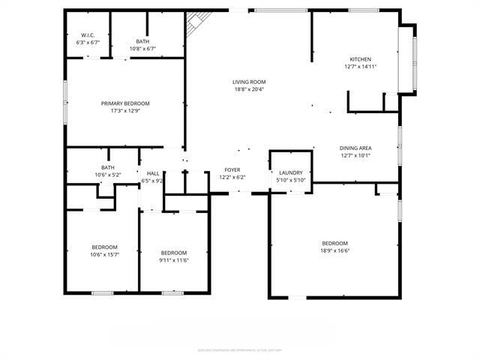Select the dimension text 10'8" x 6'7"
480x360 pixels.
(x=142, y=49)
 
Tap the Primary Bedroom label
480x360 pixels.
(x=125, y=103)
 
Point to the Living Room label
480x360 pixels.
(x=248, y=82)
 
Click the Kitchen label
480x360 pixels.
(x=360, y=59)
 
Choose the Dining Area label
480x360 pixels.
(x=355, y=148)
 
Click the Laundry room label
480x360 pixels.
(x=289, y=172)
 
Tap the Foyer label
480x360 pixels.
(x=232, y=171)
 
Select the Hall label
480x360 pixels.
(x=152, y=173)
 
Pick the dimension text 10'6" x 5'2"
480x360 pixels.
(x=108, y=175)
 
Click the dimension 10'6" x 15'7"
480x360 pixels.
(x=104, y=255)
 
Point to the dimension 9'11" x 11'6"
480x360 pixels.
(x=173, y=260)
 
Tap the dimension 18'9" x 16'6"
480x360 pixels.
(x=334, y=250)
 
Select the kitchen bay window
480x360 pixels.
(x=412, y=58)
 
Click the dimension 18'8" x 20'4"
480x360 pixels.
(x=248, y=90)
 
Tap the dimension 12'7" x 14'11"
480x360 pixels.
(x=360, y=67)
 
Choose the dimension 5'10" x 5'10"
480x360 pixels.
(x=289, y=180)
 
